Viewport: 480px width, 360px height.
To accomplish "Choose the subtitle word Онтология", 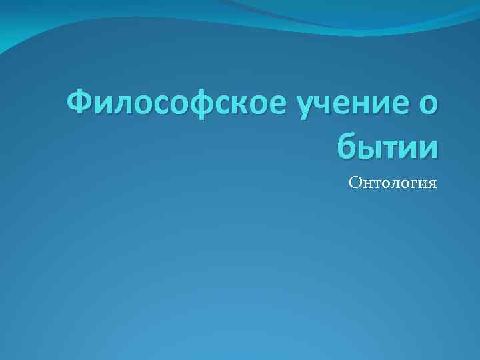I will [393, 182].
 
